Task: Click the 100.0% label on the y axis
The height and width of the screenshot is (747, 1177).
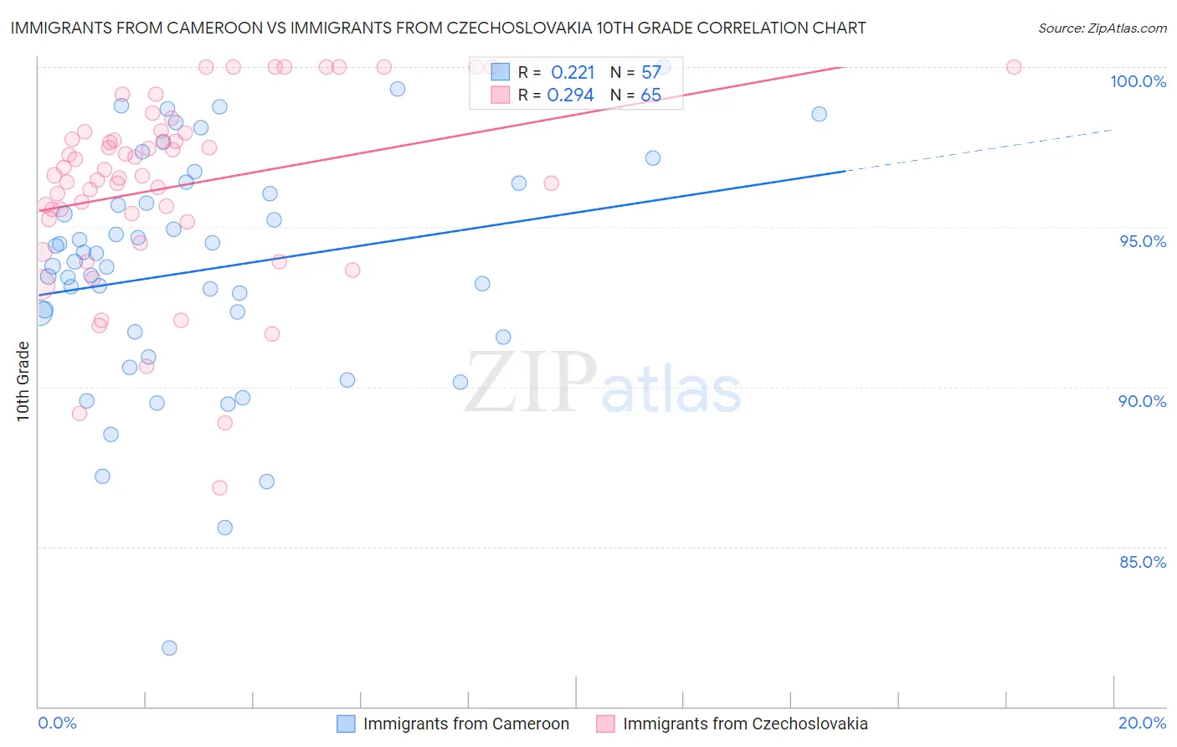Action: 1138,81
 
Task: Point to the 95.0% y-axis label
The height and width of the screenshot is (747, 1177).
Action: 1143,241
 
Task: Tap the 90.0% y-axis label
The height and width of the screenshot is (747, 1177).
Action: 1142,401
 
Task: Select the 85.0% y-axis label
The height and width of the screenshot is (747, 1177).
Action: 1143,562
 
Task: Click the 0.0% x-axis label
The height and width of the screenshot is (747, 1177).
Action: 57,723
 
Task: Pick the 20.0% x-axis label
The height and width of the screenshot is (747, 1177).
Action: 1142,723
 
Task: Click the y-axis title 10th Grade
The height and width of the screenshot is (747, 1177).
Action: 23,381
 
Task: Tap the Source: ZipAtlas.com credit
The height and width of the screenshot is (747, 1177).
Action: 1102,28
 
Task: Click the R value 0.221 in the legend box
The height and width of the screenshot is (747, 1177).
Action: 573,73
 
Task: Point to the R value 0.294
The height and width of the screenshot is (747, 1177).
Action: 570,95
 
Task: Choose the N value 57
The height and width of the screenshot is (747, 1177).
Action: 651,73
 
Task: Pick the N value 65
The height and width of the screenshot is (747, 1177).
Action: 651,95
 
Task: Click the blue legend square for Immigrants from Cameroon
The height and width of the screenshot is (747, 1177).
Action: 347,724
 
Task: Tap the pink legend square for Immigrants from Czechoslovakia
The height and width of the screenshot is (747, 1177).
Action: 605,724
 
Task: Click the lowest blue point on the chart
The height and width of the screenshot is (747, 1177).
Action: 169,648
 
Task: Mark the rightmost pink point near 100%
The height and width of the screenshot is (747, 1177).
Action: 1014,67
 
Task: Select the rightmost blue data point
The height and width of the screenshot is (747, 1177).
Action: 820,114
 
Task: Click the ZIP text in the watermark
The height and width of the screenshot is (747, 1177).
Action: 530,384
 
